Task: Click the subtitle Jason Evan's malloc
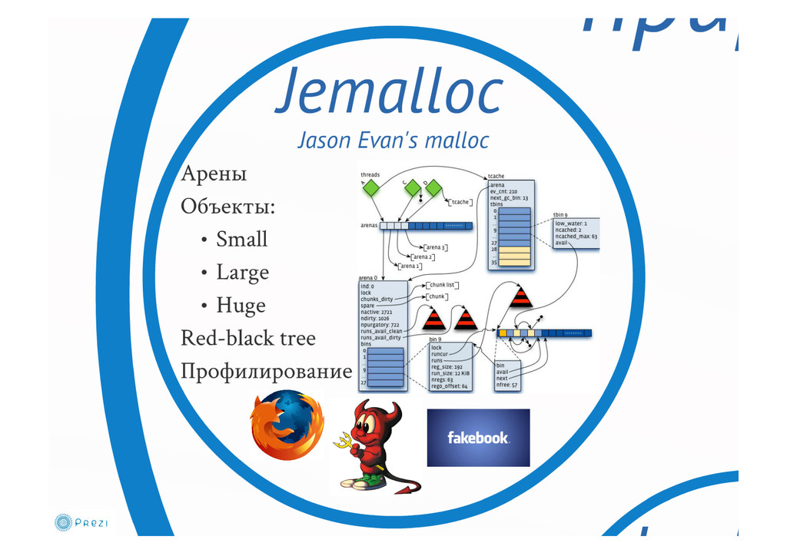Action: click(393, 141)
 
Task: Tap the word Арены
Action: click(214, 174)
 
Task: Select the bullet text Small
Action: click(241, 240)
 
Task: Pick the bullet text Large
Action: click(242, 273)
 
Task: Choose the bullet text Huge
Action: click(241, 306)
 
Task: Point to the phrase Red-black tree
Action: click(247, 339)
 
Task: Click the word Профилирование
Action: click(266, 372)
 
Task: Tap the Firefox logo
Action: click(287, 425)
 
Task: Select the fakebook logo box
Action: click(478, 438)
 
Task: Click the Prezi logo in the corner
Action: click(81, 523)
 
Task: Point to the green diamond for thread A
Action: click(372, 187)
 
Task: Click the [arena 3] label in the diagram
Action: click(434, 247)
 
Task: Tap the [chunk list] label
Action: click(443, 285)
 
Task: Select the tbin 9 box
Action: click(576, 230)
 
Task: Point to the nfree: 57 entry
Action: click(507, 385)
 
